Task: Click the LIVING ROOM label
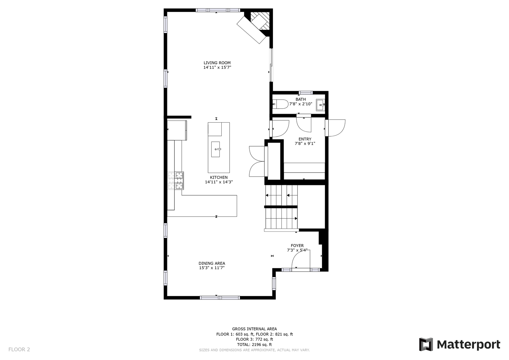(x=217, y=63)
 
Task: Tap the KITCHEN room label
(x=219, y=177)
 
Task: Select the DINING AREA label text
(x=212, y=263)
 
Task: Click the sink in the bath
(x=320, y=105)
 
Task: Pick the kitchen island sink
(x=216, y=149)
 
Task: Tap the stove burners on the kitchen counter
(x=176, y=181)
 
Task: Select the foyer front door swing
(x=301, y=259)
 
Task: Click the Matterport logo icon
(x=426, y=344)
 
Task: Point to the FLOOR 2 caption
(x=19, y=349)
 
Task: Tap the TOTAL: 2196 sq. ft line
(x=254, y=344)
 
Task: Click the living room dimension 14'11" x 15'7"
(x=217, y=67)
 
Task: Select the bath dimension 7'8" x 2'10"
(x=301, y=104)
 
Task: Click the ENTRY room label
(x=305, y=139)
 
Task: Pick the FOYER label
(x=297, y=246)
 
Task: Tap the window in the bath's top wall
(x=305, y=93)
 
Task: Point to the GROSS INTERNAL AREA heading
(x=254, y=329)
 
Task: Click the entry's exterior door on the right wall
(x=335, y=128)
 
